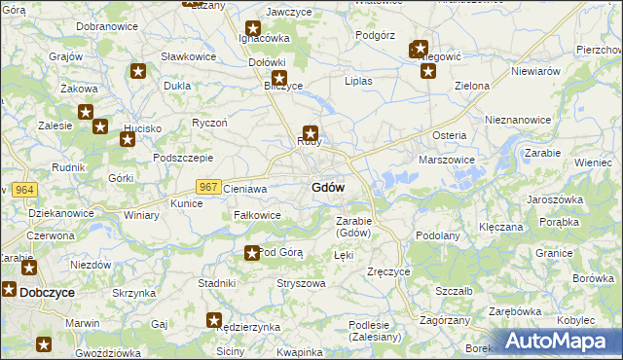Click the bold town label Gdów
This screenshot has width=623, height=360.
click(x=327, y=188)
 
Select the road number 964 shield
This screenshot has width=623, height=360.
click(x=24, y=189)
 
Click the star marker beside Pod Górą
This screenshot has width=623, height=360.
click(x=252, y=253)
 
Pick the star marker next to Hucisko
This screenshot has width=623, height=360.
click(x=127, y=139)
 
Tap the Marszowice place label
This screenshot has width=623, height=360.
click(x=446, y=159)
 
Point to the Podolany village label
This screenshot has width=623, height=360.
click(x=437, y=235)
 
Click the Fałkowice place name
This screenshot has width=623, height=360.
click(x=257, y=215)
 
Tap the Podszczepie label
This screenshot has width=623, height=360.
click(x=183, y=158)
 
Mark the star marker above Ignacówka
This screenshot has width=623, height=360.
click(x=253, y=30)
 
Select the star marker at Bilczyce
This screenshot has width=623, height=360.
click(x=279, y=78)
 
